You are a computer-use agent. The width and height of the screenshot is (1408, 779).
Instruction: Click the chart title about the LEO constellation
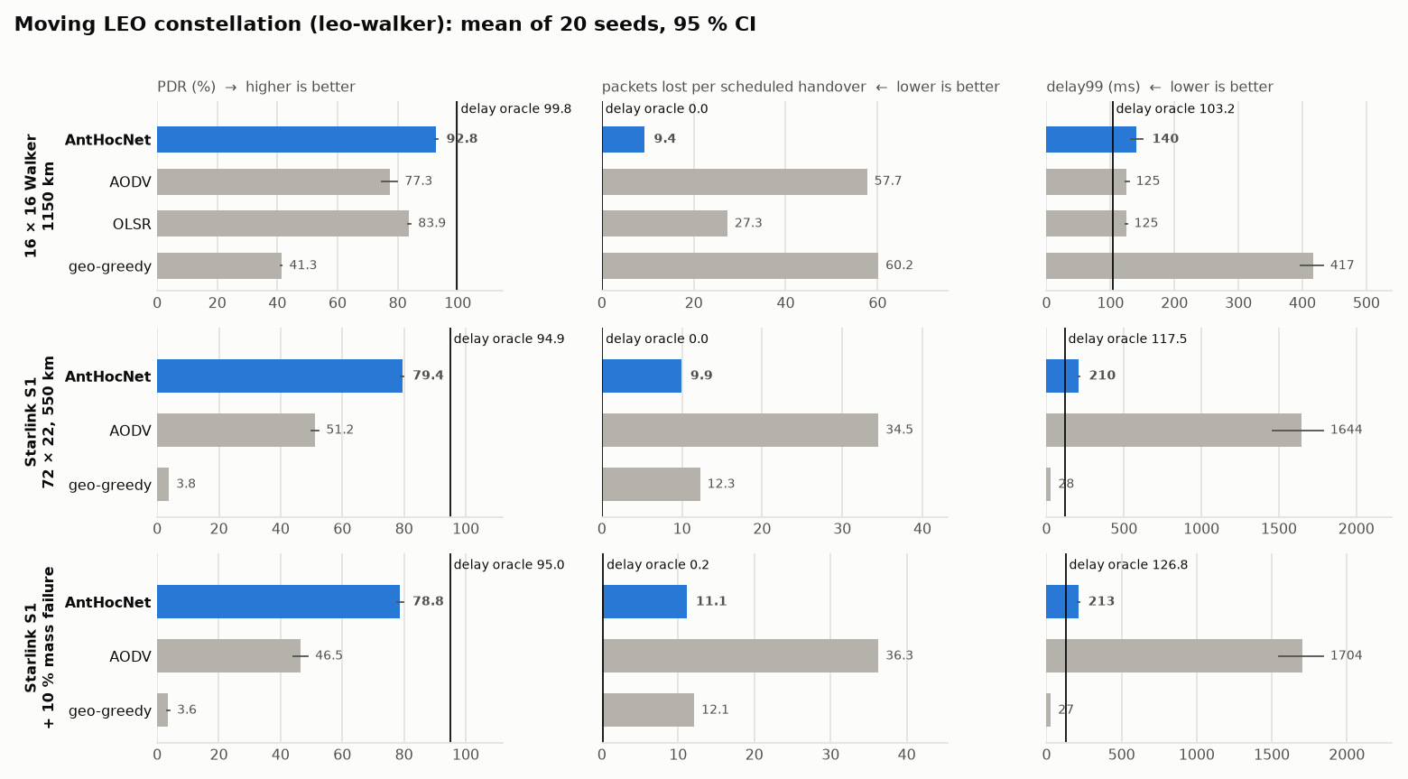384,24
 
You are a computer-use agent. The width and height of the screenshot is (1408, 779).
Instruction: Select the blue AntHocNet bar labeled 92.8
296,139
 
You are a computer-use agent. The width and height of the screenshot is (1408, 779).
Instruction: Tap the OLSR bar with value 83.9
283,223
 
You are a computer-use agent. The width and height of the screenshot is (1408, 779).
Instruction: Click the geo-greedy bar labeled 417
1179,265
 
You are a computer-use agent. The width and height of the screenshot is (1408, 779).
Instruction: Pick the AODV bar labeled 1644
1173,430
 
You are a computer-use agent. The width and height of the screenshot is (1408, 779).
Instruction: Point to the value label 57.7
887,181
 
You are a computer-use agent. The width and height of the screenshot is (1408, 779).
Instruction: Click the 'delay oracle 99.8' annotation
515,108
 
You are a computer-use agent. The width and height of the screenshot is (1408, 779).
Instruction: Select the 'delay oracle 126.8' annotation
1128,564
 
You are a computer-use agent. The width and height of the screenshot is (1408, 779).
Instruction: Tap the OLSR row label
132,224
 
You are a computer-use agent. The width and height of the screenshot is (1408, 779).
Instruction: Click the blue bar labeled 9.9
642,376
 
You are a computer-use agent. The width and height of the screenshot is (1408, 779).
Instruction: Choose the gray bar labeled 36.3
740,655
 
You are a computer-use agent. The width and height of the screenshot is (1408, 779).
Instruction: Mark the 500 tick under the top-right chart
1366,303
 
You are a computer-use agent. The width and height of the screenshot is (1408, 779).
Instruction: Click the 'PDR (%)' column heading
186,87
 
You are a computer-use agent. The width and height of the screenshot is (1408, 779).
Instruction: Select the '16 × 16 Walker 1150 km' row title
40,196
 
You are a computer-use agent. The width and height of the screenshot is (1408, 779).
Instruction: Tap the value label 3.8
186,484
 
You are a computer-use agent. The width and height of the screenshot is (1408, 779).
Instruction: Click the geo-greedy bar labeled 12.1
648,709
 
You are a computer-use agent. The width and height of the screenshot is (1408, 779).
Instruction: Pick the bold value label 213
1101,601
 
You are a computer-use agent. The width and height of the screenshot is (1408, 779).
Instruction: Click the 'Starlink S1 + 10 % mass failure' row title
40,647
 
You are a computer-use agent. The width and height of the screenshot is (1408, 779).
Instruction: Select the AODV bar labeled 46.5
229,655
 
